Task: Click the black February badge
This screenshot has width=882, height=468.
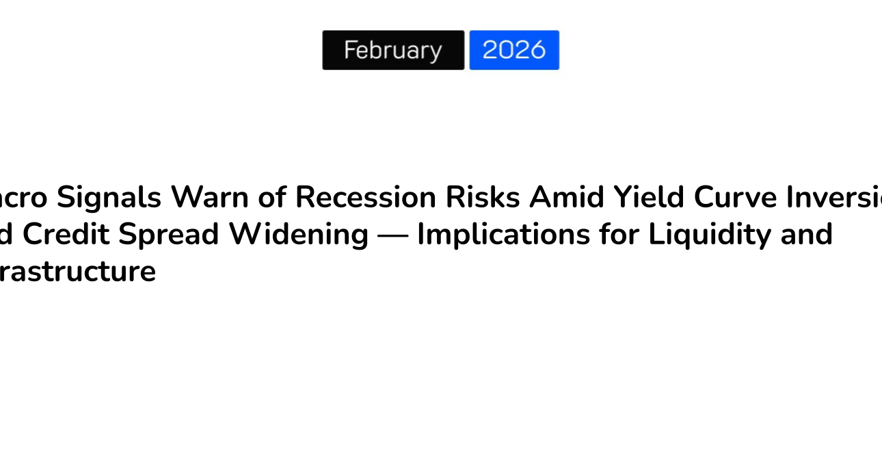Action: click(393, 50)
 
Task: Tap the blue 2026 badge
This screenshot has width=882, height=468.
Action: click(514, 50)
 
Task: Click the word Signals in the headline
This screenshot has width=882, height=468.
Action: click(109, 197)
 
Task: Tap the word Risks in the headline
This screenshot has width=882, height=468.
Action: click(483, 197)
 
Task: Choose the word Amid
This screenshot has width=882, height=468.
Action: click(567, 197)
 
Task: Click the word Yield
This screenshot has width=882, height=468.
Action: click(649, 197)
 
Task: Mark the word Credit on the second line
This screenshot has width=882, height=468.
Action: click(66, 234)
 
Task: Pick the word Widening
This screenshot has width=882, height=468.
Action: click(299, 234)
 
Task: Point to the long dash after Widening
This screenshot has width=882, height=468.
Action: click(393, 235)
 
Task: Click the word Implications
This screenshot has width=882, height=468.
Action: click(504, 234)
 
